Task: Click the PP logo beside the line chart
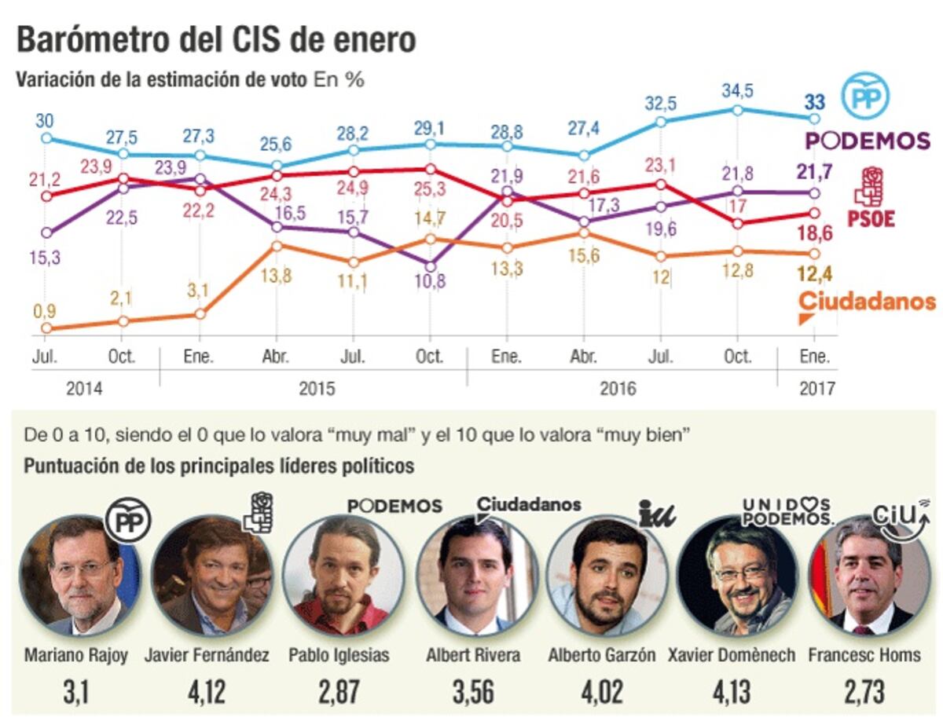pyautogui.click(x=865, y=96)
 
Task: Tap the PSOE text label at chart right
pyautogui.click(x=871, y=218)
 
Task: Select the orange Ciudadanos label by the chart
pyautogui.click(x=867, y=302)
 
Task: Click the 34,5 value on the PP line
pyautogui.click(x=737, y=91)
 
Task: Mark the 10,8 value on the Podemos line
pyautogui.click(x=429, y=281)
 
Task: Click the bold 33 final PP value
pyautogui.click(x=815, y=101)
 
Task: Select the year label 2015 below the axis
pyautogui.click(x=316, y=388)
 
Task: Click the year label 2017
pyautogui.click(x=817, y=388)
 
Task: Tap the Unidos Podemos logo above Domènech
pyautogui.click(x=787, y=512)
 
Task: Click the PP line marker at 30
pyautogui.click(x=46, y=137)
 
